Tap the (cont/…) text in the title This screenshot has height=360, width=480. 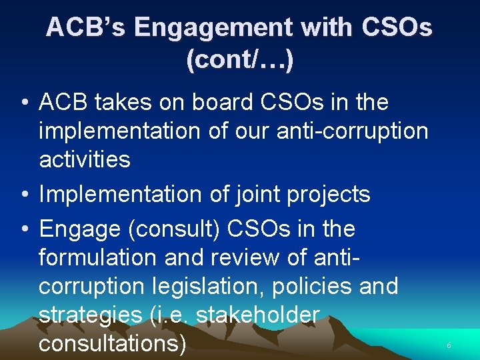pyautogui.click(x=240, y=60)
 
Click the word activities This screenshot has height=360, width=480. pyautogui.click(x=85, y=159)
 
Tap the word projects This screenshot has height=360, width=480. pyautogui.click(x=328, y=195)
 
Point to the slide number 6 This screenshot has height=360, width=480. pyautogui.click(x=449, y=346)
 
